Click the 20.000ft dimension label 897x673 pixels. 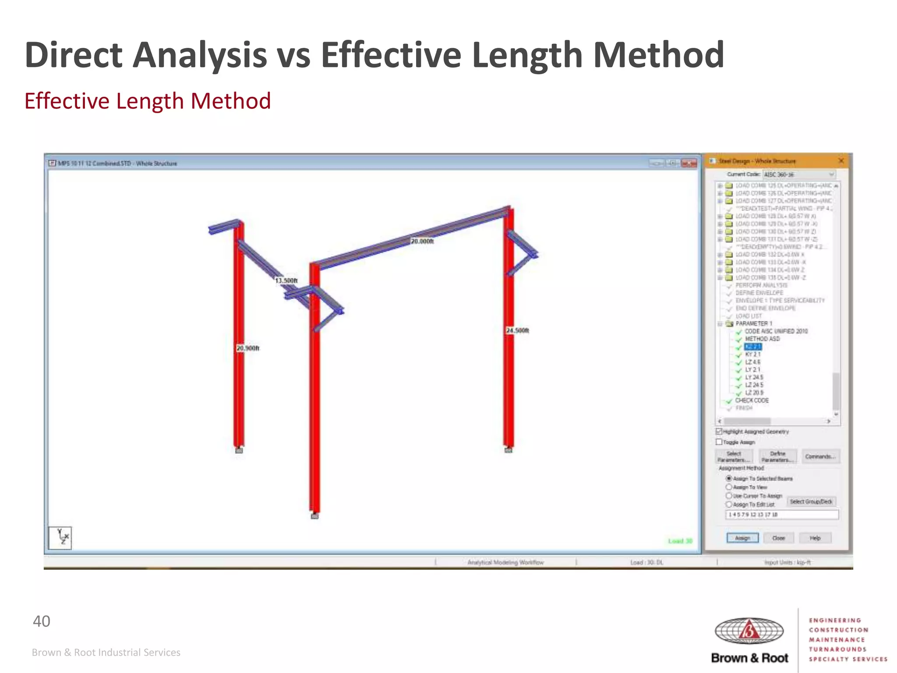point(422,241)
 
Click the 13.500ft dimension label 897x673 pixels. point(286,280)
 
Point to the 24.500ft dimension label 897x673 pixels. point(517,330)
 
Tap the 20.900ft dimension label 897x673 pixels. point(248,348)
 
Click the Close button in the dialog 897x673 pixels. point(778,538)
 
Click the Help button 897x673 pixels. point(815,538)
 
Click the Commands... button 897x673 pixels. point(820,457)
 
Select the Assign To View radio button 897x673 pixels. point(729,487)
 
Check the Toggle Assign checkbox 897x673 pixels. point(719,442)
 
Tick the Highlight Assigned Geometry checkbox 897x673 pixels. point(719,432)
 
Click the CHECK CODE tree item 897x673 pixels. point(752,400)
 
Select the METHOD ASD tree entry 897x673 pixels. point(762,339)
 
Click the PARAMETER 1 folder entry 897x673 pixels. point(754,323)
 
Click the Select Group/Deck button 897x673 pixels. point(811,502)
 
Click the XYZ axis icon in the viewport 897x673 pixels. point(60,538)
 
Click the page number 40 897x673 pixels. point(42,621)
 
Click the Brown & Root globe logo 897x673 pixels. point(749,631)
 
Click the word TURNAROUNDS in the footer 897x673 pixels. point(837,649)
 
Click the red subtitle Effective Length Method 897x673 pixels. point(148,101)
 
